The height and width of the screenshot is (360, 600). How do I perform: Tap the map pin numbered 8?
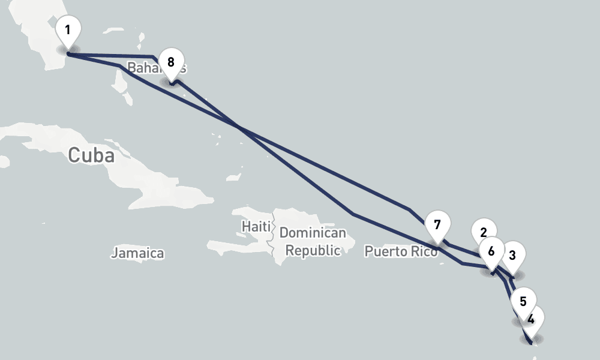(x=171, y=63)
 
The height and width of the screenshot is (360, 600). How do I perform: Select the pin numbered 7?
(x=437, y=226)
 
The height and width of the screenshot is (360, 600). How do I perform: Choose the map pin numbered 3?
(x=513, y=256)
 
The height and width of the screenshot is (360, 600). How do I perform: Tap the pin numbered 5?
(x=524, y=302)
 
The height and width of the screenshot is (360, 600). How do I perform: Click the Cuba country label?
(x=91, y=155)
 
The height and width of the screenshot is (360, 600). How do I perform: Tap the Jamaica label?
(x=137, y=253)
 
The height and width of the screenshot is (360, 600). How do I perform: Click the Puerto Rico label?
(x=401, y=251)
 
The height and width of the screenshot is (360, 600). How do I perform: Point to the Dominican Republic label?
(x=313, y=241)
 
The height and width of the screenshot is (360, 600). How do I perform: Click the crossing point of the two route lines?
(x=238, y=127)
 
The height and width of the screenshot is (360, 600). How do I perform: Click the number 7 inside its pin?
(x=437, y=225)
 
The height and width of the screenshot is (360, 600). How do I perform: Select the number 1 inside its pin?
(x=68, y=29)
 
